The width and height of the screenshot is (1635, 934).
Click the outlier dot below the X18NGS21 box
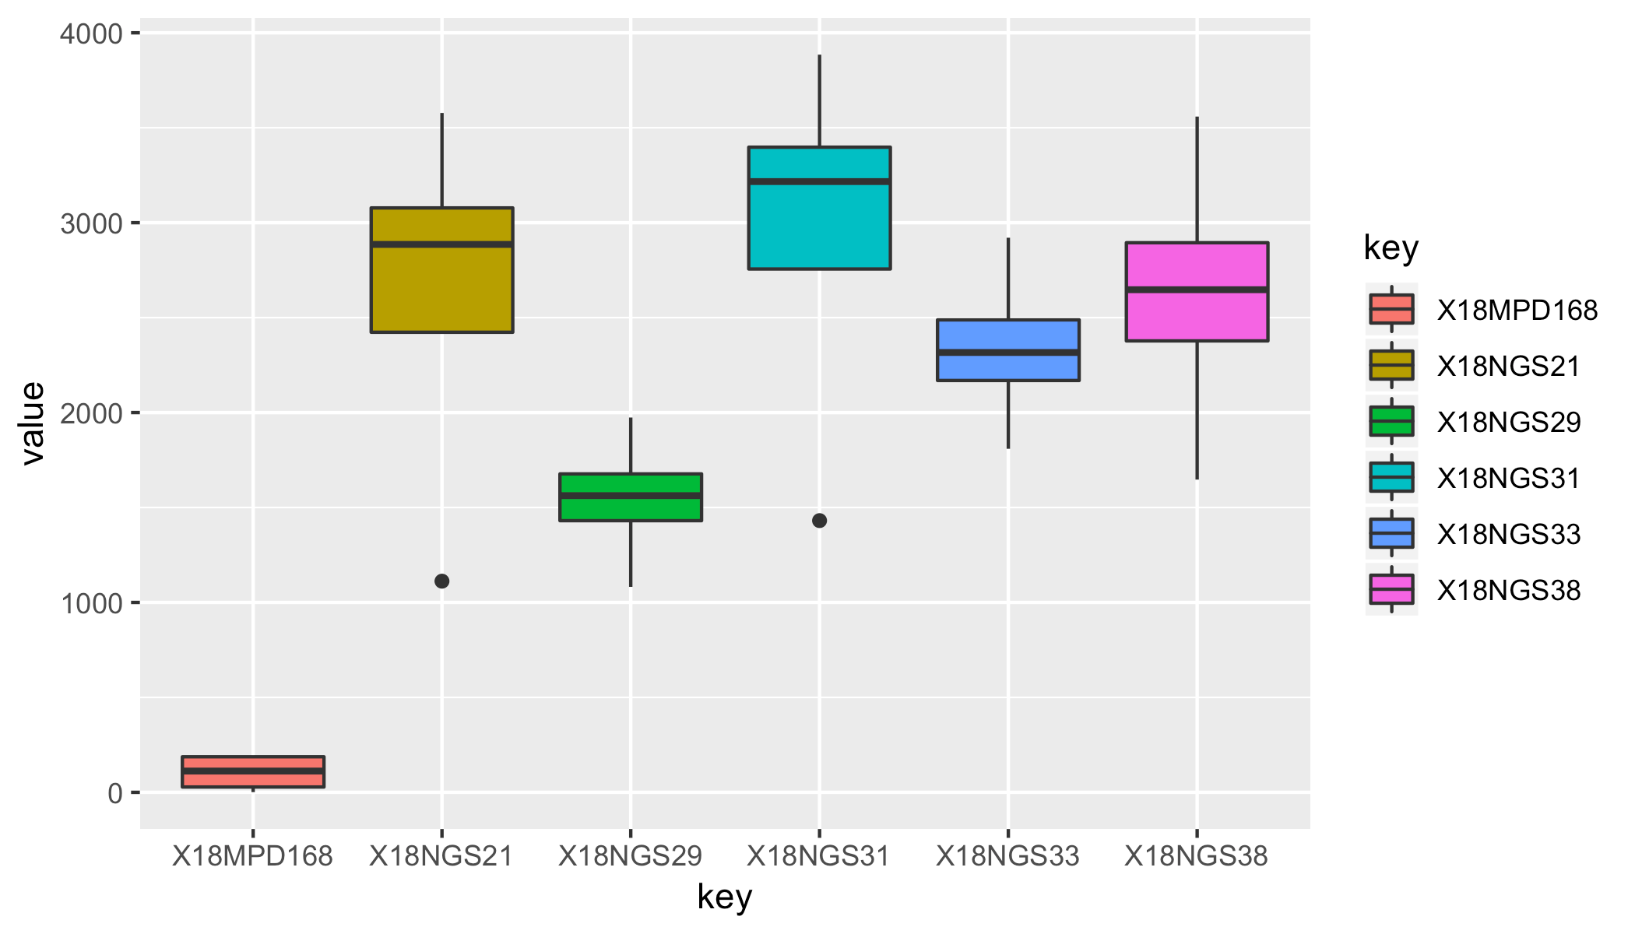tap(441, 581)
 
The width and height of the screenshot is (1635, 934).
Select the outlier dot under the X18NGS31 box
tap(819, 520)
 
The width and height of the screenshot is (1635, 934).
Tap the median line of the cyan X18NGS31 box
tap(819, 181)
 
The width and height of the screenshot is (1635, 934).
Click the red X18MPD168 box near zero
tap(253, 771)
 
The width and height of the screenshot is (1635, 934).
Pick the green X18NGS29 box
tap(631, 497)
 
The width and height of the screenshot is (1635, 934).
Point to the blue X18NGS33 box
tap(1008, 350)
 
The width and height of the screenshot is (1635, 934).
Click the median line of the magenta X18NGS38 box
tap(1197, 290)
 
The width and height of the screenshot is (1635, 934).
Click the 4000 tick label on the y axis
tap(91, 34)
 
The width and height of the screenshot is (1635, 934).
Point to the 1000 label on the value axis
tap(91, 603)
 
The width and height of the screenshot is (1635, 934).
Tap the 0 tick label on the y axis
tap(115, 793)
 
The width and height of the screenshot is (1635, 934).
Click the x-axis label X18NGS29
tap(631, 856)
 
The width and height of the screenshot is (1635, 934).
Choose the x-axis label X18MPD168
tap(252, 856)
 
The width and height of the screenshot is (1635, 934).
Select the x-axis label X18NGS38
tap(1197, 856)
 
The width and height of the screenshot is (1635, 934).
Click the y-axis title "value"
tap(33, 423)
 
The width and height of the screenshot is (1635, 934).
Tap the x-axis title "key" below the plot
tap(724, 897)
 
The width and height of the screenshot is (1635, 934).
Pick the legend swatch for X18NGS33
tap(1391, 533)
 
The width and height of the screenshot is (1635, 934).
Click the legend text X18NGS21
tap(1508, 366)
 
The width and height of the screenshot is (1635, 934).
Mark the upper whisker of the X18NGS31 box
tap(819, 101)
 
